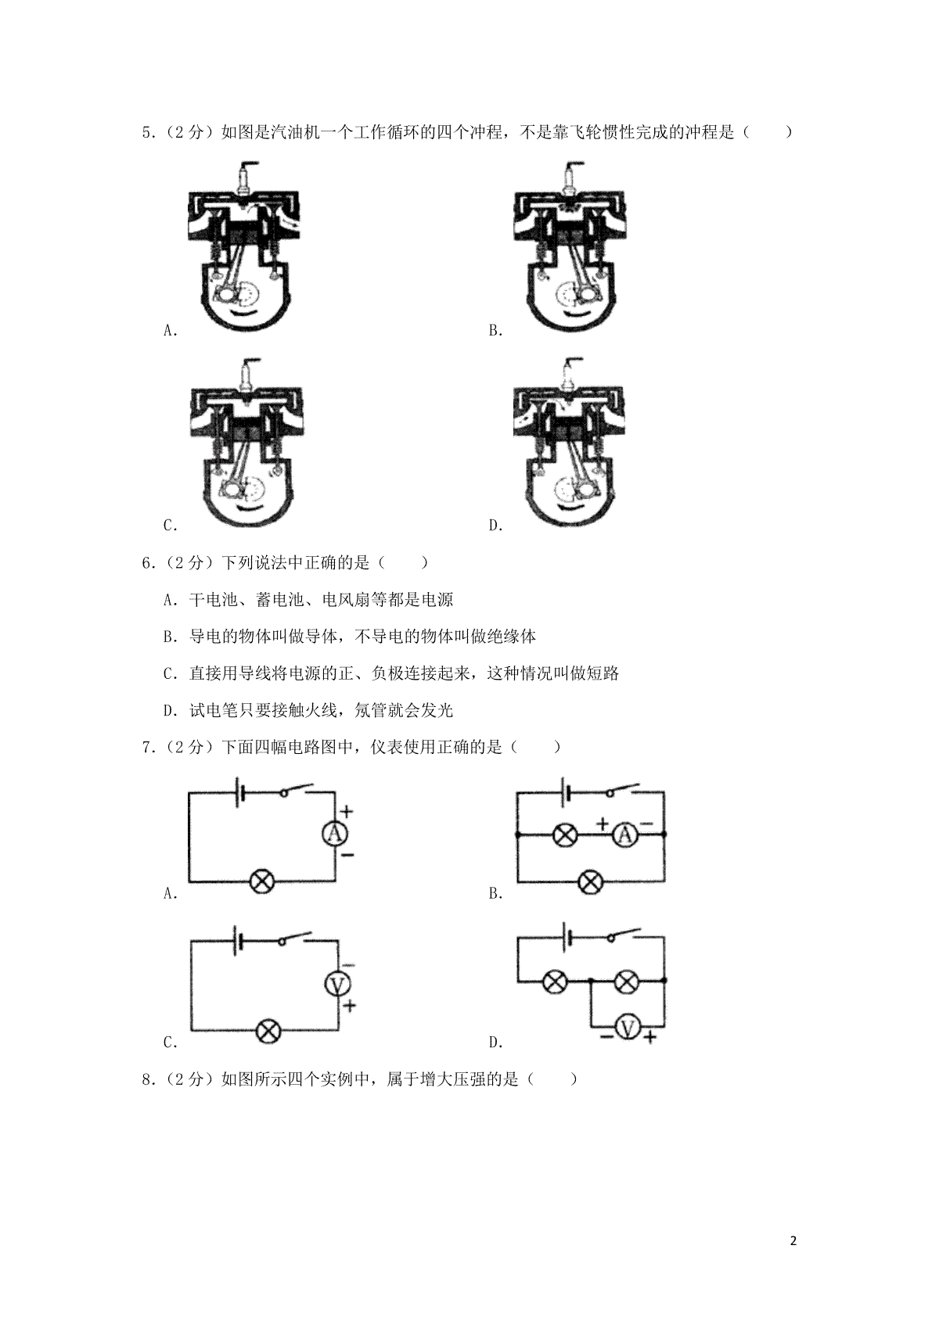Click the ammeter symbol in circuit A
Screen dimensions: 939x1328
pos(335,834)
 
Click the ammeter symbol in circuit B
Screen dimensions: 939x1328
pos(624,835)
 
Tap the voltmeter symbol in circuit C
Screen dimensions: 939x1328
pos(338,985)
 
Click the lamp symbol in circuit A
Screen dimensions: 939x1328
pos(262,881)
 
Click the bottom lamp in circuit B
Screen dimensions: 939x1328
pos(590,881)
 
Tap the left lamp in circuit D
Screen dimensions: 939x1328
pos(556,982)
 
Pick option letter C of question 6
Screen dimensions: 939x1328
pos(171,674)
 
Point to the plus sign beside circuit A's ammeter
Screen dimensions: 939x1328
pos(347,811)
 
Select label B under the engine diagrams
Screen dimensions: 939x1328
pos(495,331)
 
